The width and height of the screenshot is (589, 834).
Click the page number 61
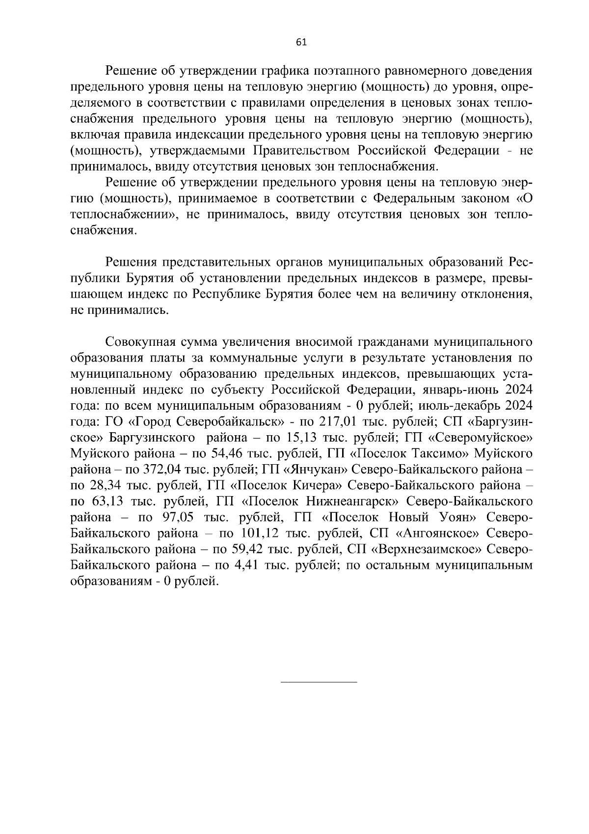coord(301,42)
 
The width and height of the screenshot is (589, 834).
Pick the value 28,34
coord(106,485)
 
